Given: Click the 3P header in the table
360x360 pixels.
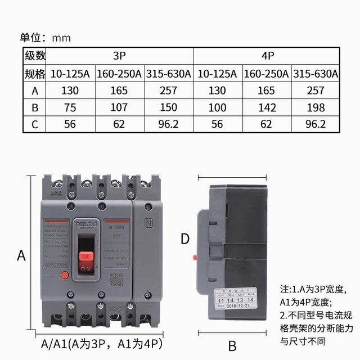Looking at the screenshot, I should [119, 56].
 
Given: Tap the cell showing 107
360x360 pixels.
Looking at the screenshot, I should [119, 107].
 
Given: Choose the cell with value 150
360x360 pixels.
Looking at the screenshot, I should [168, 107].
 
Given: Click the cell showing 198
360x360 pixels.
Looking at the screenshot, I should [316, 107].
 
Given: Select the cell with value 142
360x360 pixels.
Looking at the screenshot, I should [267, 107].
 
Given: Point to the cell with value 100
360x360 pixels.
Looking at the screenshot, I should [218, 107].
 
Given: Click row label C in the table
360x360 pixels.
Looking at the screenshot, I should [34, 124].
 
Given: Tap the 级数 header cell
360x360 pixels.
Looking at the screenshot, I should [34, 56].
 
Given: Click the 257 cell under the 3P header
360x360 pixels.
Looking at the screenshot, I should [168, 91].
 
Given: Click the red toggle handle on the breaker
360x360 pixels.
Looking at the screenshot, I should [86, 258].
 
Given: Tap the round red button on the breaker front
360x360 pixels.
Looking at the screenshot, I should [64, 275].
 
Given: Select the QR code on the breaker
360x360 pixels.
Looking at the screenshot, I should [116, 279].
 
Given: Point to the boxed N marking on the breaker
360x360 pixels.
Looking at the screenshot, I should [148, 222].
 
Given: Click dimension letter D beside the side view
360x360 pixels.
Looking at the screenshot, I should [184, 239].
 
